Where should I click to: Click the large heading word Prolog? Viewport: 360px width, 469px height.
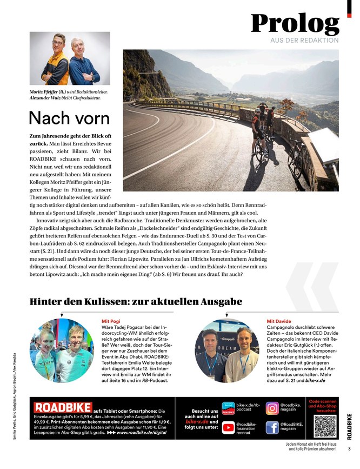295,23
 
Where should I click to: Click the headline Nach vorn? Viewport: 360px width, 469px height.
69,117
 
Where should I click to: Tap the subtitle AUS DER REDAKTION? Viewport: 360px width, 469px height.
304,41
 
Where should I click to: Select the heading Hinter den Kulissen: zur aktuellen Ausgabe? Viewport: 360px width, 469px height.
135,301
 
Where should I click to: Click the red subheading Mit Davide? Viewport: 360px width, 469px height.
279,321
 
